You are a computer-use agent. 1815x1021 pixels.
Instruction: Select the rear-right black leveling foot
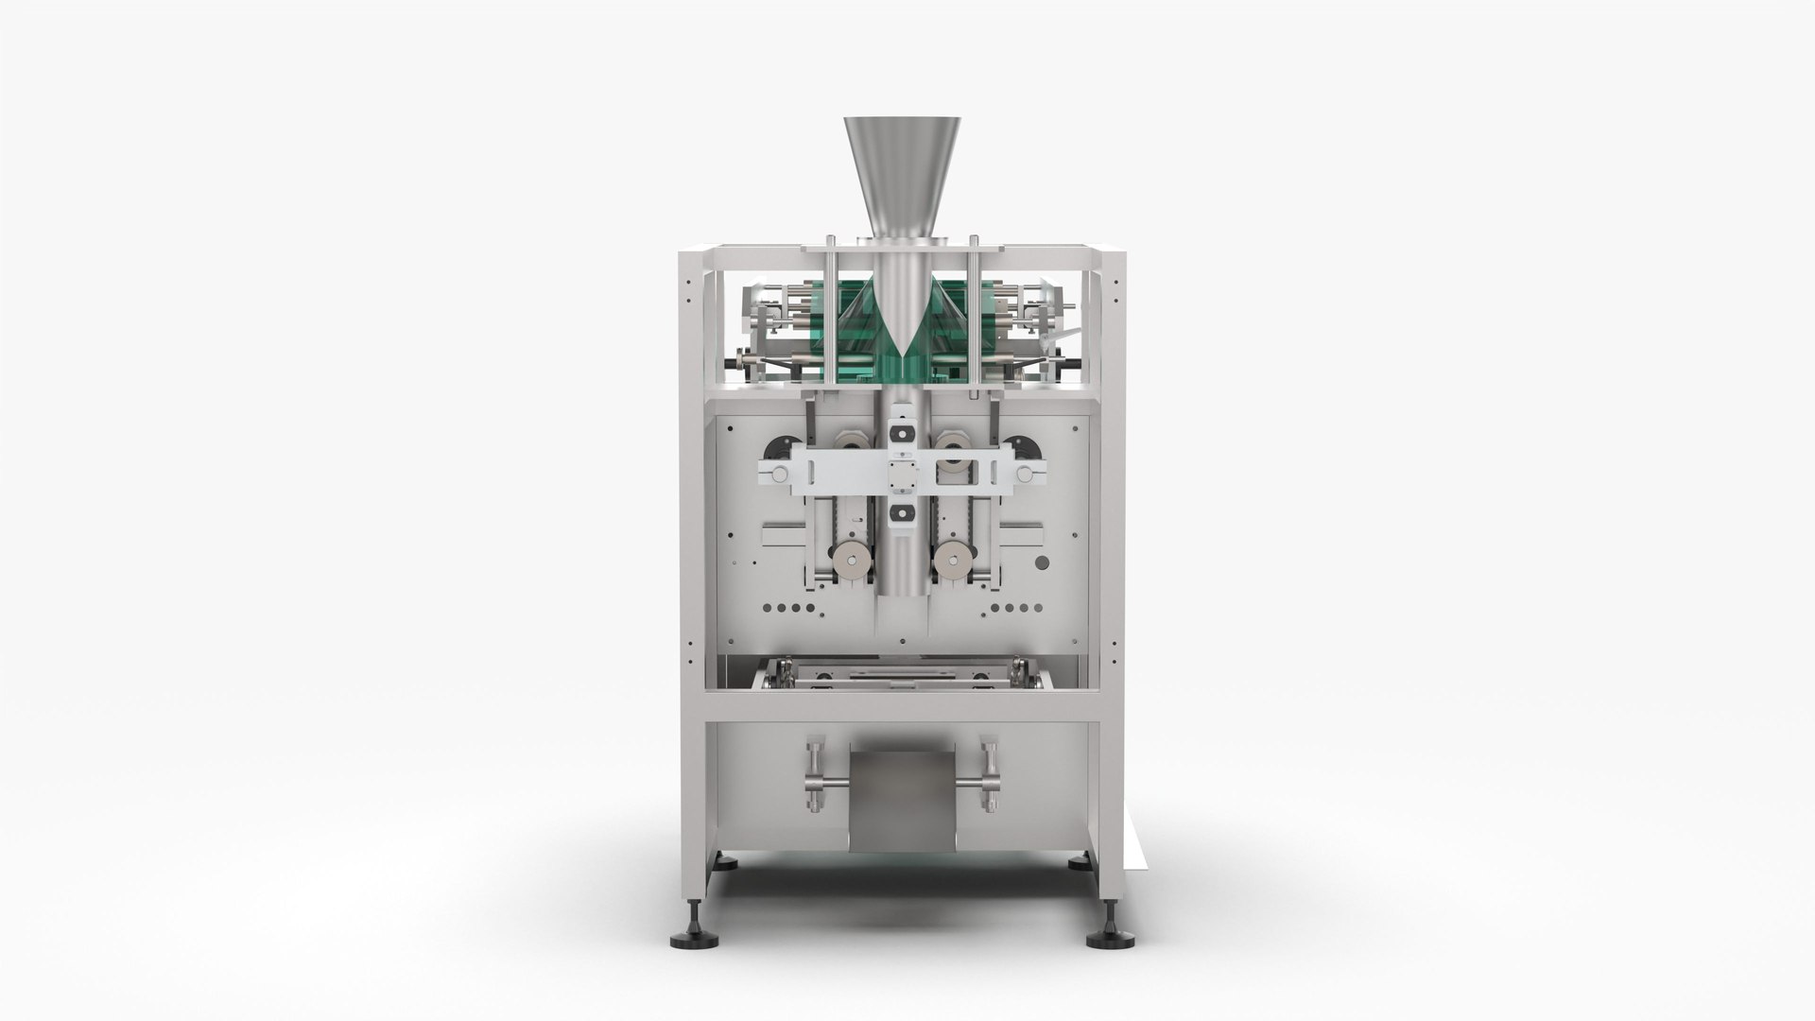[1080, 863]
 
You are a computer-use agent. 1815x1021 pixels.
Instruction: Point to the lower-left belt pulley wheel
[856, 561]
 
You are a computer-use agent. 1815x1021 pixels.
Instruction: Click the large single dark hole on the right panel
[1042, 564]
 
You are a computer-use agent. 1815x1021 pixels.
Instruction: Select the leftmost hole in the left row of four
[766, 609]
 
